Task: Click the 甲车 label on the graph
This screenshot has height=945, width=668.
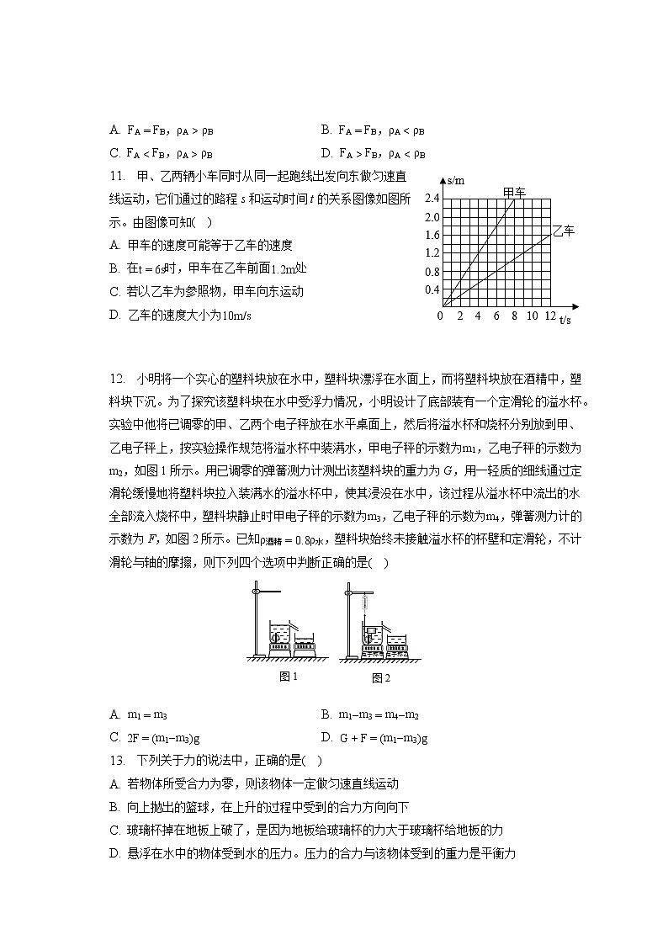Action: (514, 193)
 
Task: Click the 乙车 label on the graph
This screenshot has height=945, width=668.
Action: (564, 231)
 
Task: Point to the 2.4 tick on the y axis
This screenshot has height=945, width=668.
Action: (432, 199)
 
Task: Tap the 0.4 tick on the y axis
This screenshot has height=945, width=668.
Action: (432, 289)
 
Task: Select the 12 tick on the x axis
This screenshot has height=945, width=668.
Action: (550, 316)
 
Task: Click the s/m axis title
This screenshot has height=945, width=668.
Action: (457, 180)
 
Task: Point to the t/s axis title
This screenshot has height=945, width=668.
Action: (565, 321)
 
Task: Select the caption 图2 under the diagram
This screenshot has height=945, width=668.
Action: (381, 677)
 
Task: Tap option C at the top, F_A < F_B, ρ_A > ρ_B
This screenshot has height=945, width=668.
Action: (161, 154)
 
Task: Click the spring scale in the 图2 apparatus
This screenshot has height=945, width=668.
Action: (367, 603)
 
